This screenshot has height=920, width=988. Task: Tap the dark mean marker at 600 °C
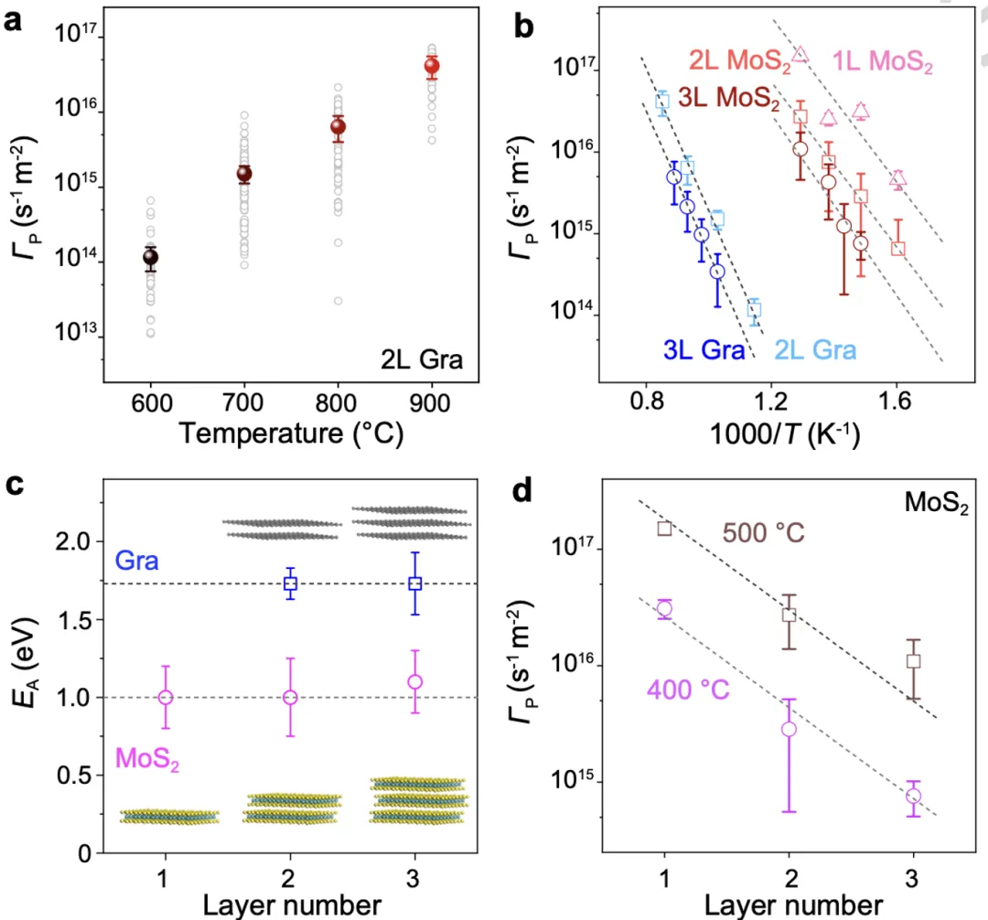[151, 257]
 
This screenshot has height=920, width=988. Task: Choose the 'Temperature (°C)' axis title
[291, 433]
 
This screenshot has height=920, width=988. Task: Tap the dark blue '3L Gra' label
[703, 348]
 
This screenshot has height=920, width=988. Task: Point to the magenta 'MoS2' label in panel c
[146, 758]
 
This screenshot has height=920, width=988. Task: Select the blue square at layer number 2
[290, 583]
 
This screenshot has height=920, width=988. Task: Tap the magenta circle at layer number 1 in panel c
[166, 697]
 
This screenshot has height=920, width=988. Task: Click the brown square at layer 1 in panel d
[664, 528]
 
